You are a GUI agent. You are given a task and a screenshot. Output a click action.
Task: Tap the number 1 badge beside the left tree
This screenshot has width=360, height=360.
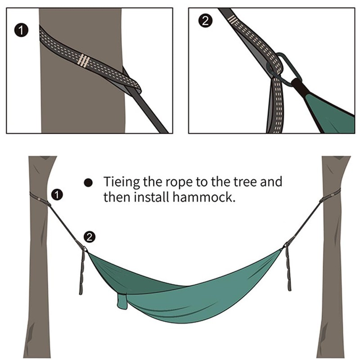(57, 194)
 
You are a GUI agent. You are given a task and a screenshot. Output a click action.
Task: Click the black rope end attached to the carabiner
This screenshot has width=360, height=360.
(299, 85)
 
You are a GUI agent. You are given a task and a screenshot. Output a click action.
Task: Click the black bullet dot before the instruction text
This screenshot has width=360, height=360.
(89, 183)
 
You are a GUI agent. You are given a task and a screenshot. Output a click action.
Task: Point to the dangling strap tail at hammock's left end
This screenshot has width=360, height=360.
(82, 272)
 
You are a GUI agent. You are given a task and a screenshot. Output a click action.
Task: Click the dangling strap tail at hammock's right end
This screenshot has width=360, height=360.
(288, 270)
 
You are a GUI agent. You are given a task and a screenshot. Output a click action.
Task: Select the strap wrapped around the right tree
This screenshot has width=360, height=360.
(329, 197)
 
